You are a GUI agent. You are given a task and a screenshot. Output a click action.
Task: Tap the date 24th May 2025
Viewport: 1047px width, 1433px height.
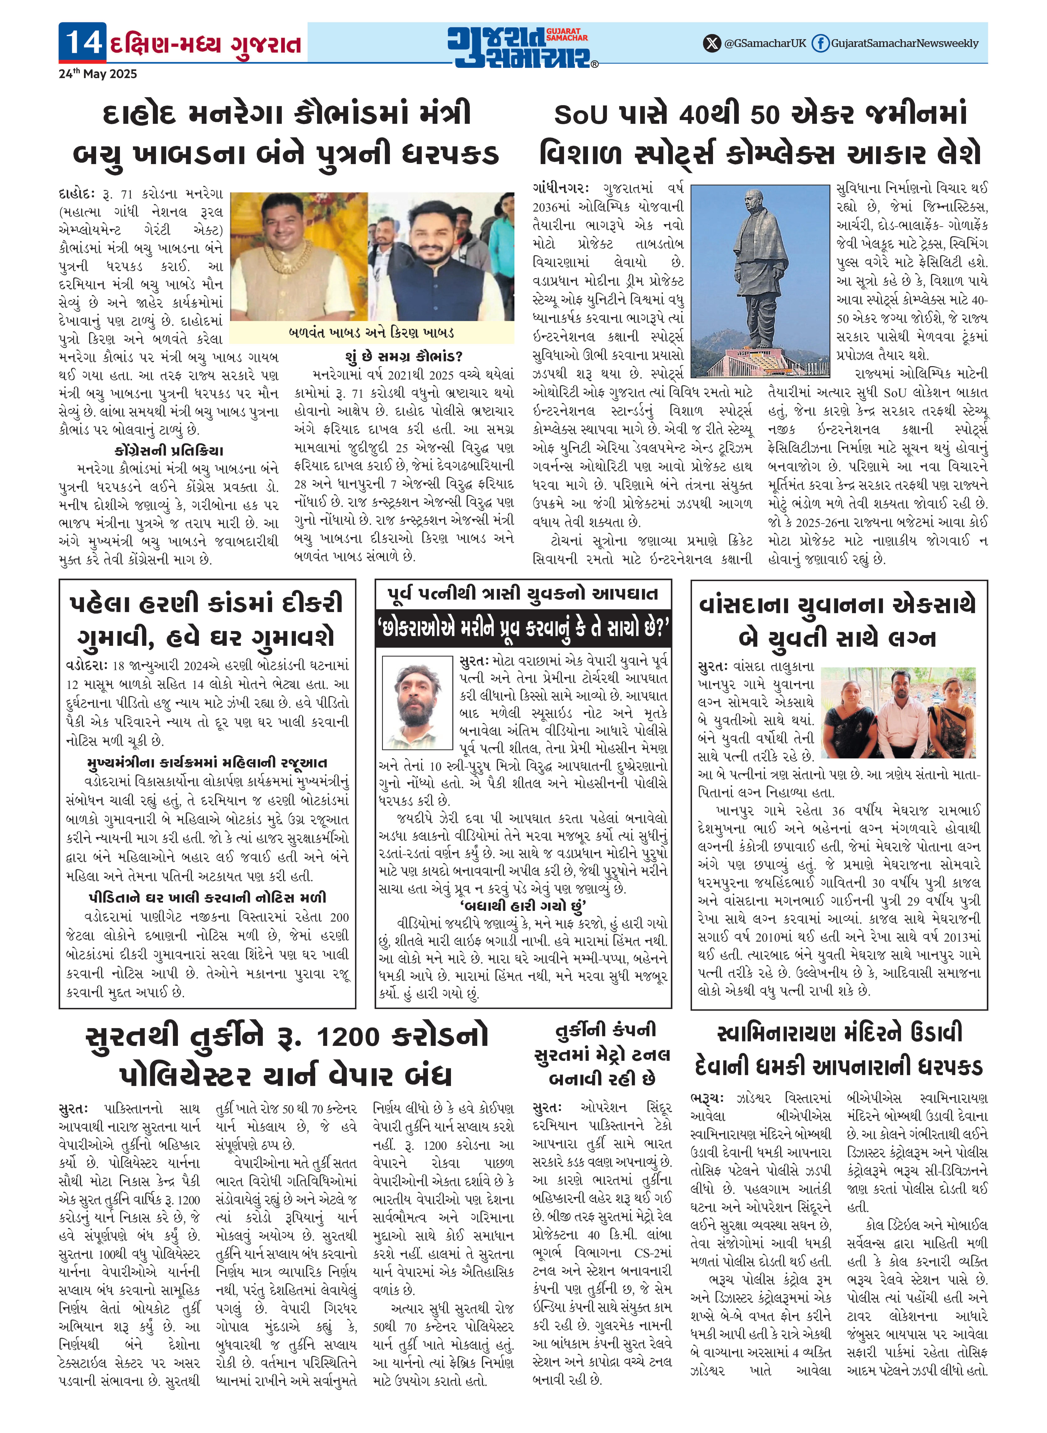98,74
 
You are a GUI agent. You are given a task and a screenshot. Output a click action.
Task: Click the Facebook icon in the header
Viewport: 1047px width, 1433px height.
820,43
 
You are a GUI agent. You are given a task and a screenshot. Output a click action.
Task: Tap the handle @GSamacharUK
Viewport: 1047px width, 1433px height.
765,43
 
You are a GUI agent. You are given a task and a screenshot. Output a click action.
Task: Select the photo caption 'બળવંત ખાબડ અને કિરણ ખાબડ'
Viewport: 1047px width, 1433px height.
371,333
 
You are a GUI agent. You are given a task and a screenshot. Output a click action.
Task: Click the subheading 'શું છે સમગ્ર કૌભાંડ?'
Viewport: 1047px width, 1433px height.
404,356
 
